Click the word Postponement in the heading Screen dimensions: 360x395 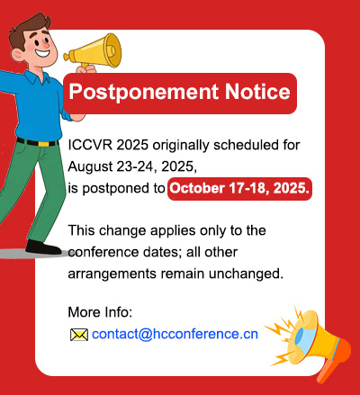tap(144, 92)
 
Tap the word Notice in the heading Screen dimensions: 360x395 tap(257, 91)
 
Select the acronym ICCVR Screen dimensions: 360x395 tap(90, 145)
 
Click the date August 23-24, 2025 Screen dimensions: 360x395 tap(132, 167)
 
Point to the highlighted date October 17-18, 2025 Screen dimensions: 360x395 tap(239, 188)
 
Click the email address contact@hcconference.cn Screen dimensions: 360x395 tap(175, 334)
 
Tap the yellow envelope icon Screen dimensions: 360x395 tap(79, 335)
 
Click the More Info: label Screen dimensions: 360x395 tap(100, 312)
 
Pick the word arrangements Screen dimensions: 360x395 tap(112, 274)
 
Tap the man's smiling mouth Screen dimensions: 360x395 tap(42, 53)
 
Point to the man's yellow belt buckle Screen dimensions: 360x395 tap(43, 144)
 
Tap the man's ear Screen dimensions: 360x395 tap(17, 56)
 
